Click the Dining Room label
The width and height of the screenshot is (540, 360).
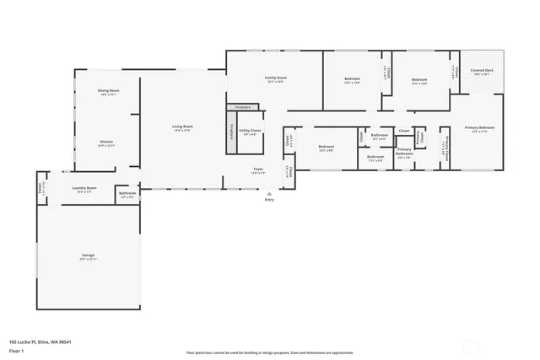point(108,91)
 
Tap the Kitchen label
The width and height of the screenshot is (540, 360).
point(106,142)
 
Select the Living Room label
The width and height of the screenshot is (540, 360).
point(183,127)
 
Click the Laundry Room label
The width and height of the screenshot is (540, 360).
point(84,189)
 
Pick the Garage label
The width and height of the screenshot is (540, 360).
point(88,256)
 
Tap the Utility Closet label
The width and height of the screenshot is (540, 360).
point(251,132)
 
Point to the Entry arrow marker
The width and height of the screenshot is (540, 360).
point(269,193)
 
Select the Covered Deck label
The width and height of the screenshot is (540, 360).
point(483,73)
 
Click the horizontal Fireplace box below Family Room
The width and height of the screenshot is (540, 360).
point(243,108)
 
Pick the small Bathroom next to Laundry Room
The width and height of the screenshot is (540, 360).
point(127,195)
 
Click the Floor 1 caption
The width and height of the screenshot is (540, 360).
point(16,350)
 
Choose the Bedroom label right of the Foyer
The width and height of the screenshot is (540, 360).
point(327,148)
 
